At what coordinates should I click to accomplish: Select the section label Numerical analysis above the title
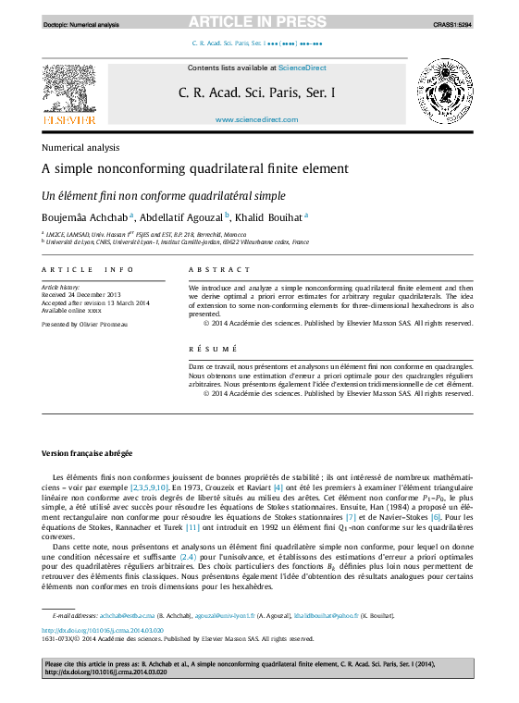(80, 147)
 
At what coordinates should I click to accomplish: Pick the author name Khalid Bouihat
(272, 217)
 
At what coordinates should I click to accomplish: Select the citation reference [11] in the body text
(192, 527)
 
